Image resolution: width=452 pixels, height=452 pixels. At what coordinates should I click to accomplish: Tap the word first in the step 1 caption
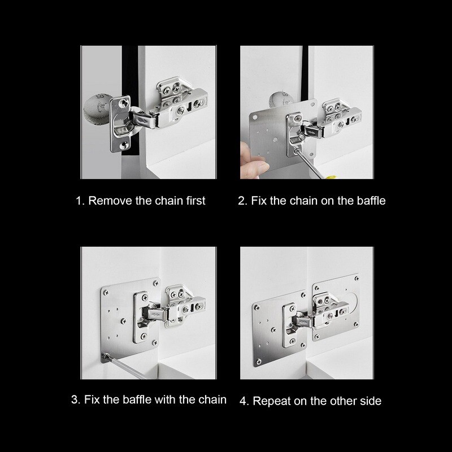[x=193, y=201]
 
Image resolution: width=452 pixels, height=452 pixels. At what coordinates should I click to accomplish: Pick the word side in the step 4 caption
[x=370, y=401]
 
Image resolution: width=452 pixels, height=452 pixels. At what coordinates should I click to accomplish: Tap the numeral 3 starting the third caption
[x=75, y=400]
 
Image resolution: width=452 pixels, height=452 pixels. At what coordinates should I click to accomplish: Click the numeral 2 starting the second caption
[x=241, y=201]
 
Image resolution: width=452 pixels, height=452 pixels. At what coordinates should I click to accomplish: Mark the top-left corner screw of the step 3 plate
[x=105, y=292]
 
